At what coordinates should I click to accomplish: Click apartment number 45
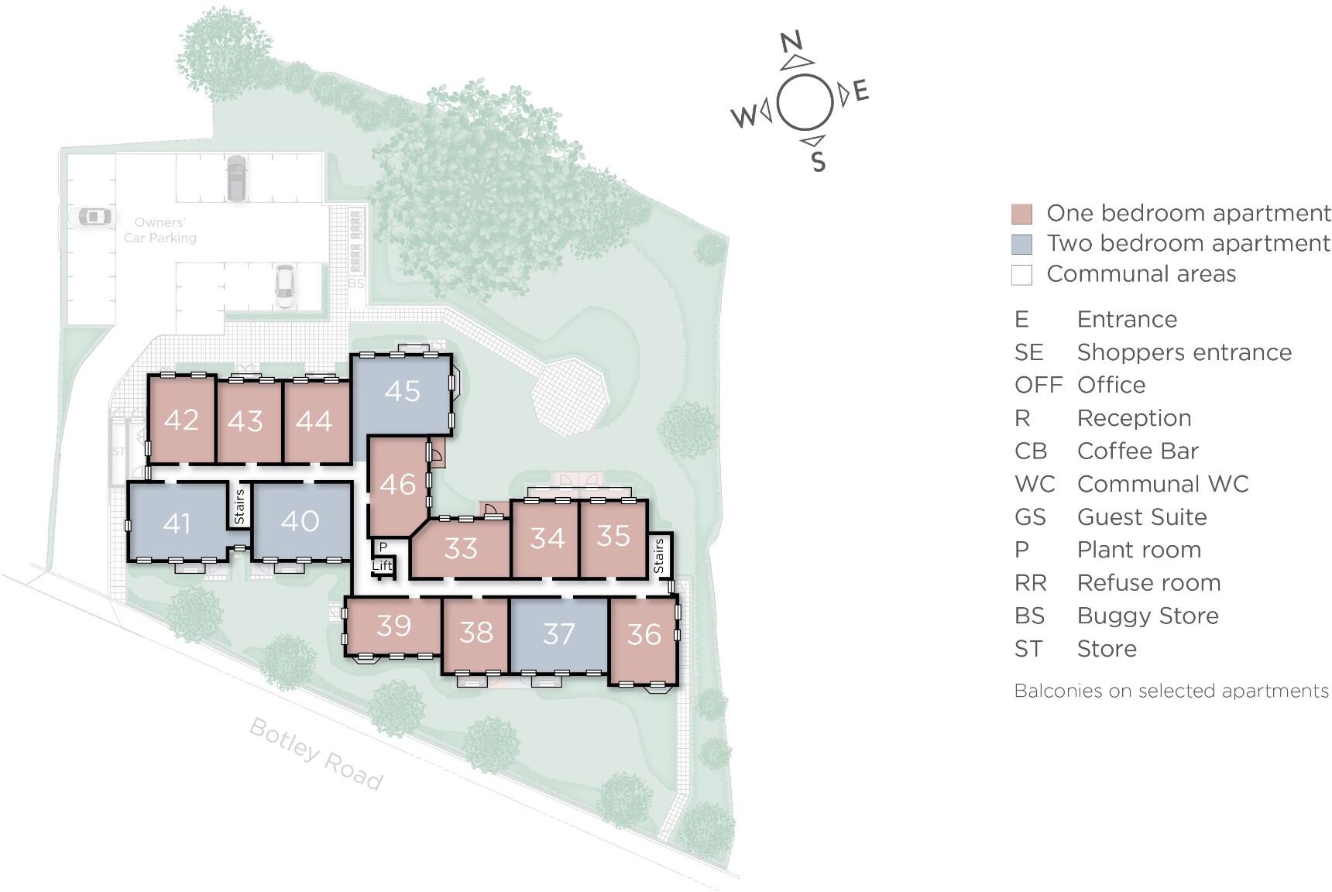point(402,392)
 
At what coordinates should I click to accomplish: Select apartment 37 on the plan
point(558,635)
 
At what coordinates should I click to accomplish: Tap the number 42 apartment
point(181,420)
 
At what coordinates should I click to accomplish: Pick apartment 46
point(398,485)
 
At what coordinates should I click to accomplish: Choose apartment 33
point(461,549)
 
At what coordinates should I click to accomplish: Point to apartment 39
point(393,626)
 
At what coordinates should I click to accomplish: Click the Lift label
point(383,566)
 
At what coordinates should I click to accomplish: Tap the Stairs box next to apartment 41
point(239,506)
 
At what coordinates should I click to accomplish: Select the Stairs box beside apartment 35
point(659,555)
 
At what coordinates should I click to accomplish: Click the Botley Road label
point(316,753)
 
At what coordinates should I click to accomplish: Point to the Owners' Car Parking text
point(160,231)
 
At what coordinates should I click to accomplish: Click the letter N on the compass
point(791,41)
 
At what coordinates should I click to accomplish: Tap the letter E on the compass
point(861,91)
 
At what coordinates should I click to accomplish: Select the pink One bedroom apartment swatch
point(1021,214)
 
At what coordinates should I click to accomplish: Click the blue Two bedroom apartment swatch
point(1021,244)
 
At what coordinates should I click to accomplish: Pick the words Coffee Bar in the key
point(1137,451)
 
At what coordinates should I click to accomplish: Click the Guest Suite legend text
point(1141,517)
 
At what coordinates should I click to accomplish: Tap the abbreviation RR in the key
point(1030,583)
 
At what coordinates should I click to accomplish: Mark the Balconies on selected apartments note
point(1171,691)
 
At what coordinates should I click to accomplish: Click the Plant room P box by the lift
point(383,547)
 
